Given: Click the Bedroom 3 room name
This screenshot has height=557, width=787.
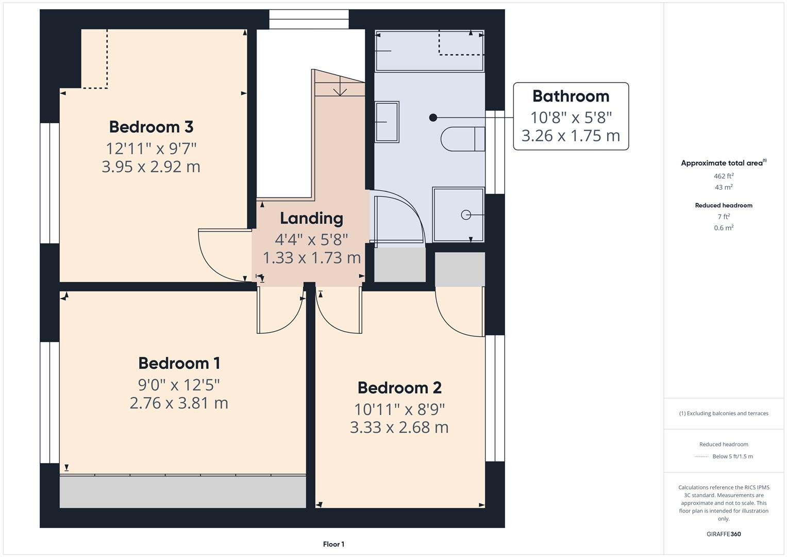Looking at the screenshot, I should click(151, 127).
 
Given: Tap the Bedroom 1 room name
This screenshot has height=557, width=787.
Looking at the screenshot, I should click(179, 363).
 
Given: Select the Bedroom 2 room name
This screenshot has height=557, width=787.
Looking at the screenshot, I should click(399, 387).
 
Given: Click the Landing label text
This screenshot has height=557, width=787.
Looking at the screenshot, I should click(311, 218).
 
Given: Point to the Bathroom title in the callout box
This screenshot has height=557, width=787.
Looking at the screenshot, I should click(571, 96).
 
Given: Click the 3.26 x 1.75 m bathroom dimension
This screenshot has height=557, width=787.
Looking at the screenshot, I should click(571, 136).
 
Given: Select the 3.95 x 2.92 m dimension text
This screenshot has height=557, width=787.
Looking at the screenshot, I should click(151, 167).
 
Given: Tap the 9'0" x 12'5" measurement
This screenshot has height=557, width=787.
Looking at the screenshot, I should click(179, 385).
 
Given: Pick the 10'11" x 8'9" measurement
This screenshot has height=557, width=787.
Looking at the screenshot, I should click(399, 409).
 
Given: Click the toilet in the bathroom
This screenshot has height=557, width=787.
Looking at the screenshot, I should click(462, 139).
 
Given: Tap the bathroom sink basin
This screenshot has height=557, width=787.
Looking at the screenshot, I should click(387, 122).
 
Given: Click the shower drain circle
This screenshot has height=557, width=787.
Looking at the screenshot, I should click(466, 215).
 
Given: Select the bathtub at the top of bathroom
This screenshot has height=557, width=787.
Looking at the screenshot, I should click(429, 51).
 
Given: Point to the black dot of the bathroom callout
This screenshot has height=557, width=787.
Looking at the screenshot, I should click(433, 118).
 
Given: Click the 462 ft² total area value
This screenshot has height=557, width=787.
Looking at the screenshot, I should click(724, 176).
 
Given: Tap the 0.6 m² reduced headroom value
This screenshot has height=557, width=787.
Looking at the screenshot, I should click(724, 227).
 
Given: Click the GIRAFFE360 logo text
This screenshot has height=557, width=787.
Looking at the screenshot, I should click(724, 534).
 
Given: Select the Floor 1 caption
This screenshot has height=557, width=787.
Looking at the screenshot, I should click(333, 544).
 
